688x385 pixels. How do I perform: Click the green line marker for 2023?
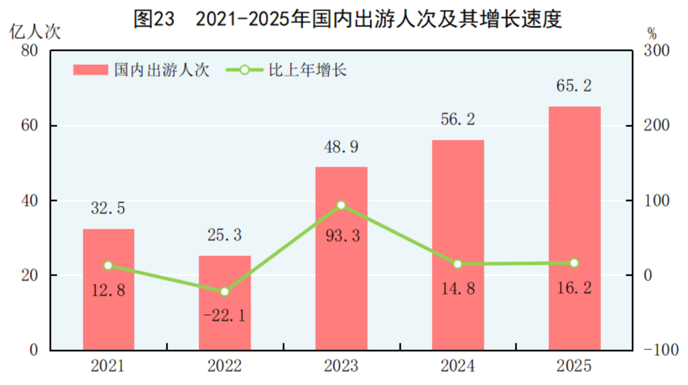[x=341, y=205]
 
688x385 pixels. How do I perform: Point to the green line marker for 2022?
[x=224, y=291]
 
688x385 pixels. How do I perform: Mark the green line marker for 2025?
[x=574, y=263]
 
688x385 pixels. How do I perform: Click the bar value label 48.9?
[x=341, y=147]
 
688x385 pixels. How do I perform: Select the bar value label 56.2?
[x=458, y=119]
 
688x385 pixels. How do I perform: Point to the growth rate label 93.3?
[x=343, y=236]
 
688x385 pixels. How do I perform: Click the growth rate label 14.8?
[x=458, y=289]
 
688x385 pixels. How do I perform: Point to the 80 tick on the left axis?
[x=29, y=51]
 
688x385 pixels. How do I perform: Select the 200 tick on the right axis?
[x=656, y=125]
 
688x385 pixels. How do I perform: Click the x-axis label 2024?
[x=458, y=366]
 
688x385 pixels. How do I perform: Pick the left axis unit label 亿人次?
[x=35, y=32]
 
